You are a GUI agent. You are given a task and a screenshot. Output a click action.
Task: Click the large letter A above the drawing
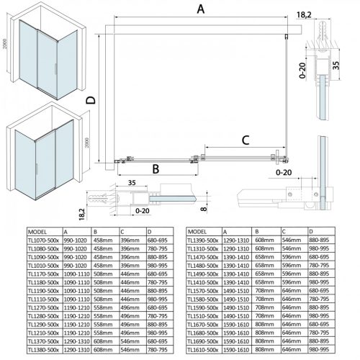201,10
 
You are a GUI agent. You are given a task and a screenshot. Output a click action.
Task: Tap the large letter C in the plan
246,139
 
